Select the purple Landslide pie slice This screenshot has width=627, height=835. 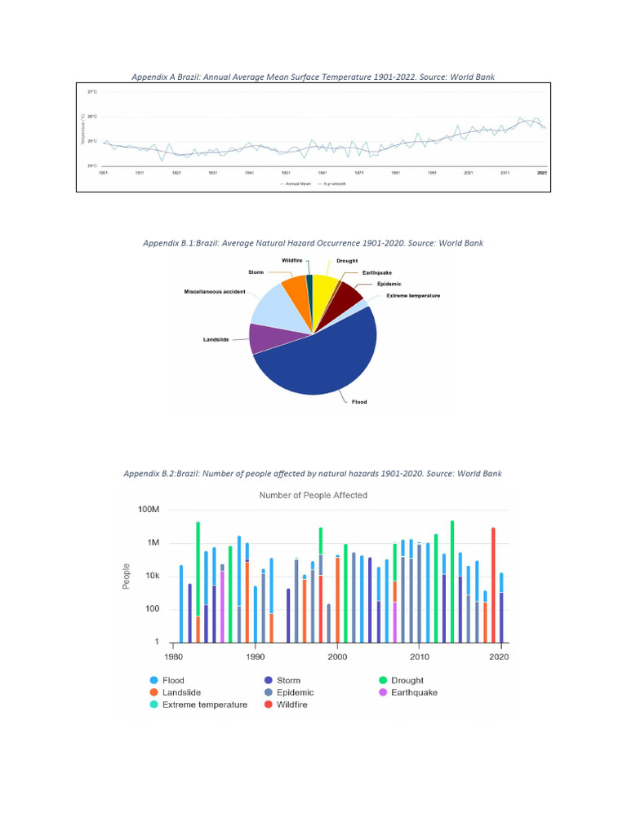click(265, 338)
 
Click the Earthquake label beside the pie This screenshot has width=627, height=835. click(376, 272)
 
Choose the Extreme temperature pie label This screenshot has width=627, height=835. click(413, 295)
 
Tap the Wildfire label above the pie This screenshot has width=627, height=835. click(292, 260)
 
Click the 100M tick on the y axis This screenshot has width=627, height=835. click(148, 510)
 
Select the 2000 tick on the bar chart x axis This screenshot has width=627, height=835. click(337, 656)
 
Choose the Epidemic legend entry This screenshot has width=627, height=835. click(295, 692)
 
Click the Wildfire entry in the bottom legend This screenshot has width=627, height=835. click(291, 705)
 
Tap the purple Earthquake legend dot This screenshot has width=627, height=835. click(383, 692)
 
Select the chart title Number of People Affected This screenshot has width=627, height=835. click(313, 495)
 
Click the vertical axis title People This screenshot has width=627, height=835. click(127, 577)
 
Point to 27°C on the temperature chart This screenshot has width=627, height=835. click(92, 92)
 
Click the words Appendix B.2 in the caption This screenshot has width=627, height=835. click(148, 473)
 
